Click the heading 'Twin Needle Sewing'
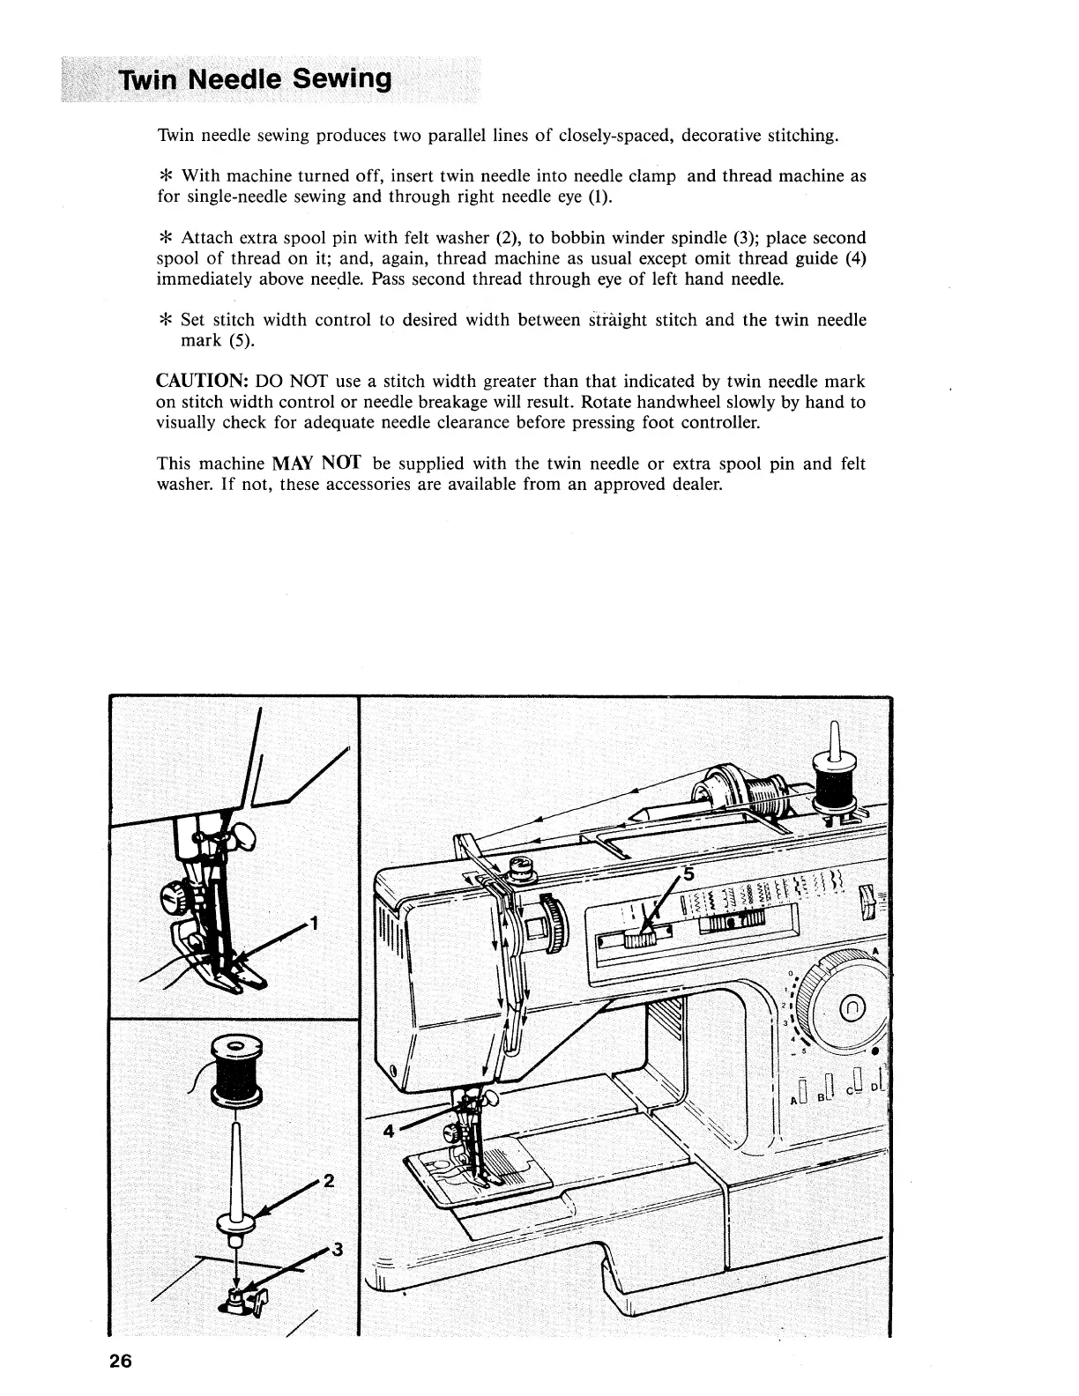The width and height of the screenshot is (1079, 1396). [256, 80]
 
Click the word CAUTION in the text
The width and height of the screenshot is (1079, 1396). [199, 382]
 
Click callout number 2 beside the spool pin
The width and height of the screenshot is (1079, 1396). [328, 1182]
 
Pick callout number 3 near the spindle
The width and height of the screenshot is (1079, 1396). [336, 1250]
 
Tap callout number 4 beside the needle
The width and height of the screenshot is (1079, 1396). [388, 1132]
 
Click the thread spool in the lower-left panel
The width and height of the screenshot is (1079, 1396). [234, 1068]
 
